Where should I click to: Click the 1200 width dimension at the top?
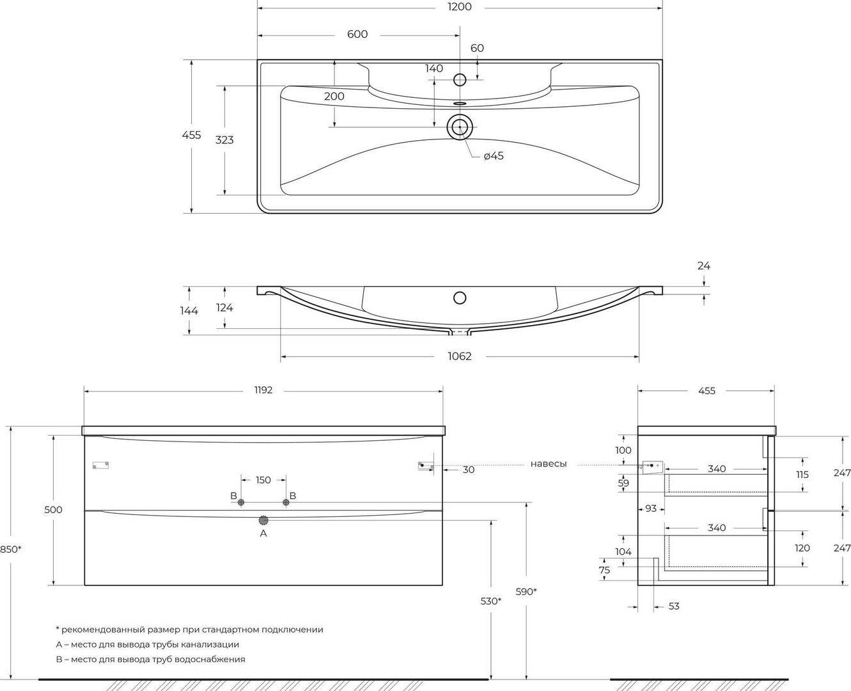(x=460, y=7)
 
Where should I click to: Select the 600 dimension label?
(x=357, y=35)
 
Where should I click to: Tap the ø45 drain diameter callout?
(x=494, y=156)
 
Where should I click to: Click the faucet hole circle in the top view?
(x=460, y=80)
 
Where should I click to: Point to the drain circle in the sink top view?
(x=460, y=127)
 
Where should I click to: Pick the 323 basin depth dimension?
(x=224, y=140)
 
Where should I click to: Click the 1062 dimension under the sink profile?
(x=460, y=356)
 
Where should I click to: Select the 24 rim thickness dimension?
(x=703, y=266)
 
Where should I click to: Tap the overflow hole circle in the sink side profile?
(x=460, y=298)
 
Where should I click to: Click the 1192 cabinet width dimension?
(x=263, y=390)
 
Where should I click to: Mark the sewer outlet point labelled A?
(x=263, y=520)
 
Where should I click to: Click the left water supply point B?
(x=241, y=502)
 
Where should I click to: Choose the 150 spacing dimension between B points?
(x=263, y=480)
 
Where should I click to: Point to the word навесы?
(x=549, y=464)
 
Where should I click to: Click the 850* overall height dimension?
(x=11, y=550)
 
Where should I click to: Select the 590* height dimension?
(x=526, y=591)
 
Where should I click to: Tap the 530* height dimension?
(x=490, y=601)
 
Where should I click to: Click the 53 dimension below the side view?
(x=674, y=607)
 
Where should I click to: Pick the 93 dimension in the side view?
(x=651, y=509)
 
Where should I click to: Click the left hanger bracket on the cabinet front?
(x=100, y=465)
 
